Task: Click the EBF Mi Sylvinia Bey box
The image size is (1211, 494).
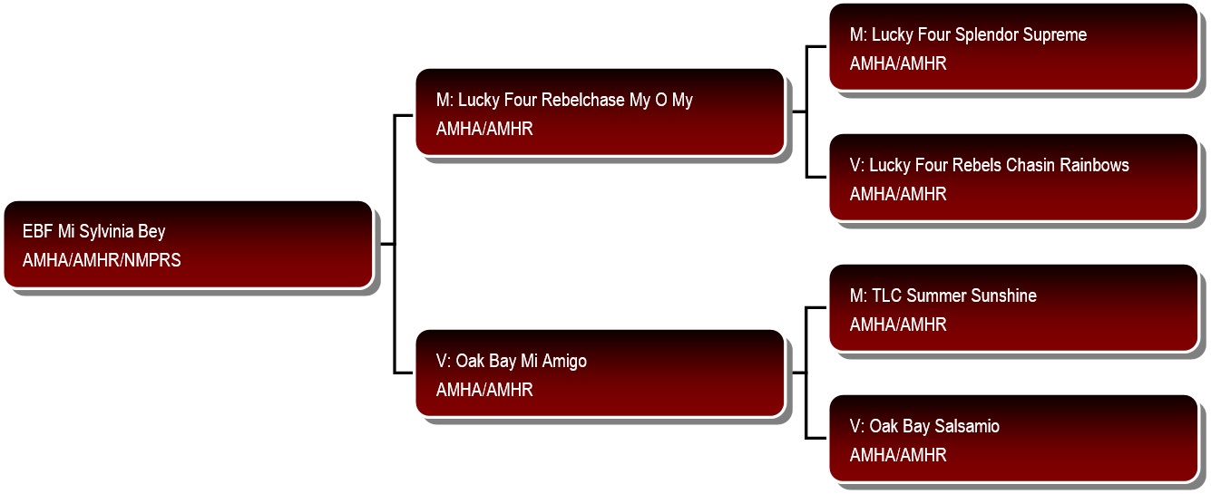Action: [x=188, y=245]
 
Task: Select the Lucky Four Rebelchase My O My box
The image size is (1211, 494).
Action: [x=601, y=112]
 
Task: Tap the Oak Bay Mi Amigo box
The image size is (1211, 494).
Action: [x=601, y=373]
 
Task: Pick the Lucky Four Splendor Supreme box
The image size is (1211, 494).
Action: [x=1013, y=47]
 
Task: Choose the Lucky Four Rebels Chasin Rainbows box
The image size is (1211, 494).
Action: [x=1013, y=178]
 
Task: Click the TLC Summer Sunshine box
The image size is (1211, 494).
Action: [x=1013, y=308]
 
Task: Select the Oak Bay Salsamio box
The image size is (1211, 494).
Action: [x=1013, y=439]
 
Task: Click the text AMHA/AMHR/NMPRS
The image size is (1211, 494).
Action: [x=102, y=260]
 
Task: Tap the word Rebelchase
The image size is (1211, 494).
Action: [x=582, y=100]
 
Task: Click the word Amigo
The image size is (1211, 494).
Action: [x=564, y=362]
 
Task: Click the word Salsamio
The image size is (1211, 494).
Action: [x=967, y=426]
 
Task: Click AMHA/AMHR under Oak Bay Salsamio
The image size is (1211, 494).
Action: [x=898, y=455]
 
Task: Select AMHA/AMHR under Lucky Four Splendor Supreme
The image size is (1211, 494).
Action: [x=898, y=63]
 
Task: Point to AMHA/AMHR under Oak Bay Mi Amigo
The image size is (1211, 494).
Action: [x=484, y=390]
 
